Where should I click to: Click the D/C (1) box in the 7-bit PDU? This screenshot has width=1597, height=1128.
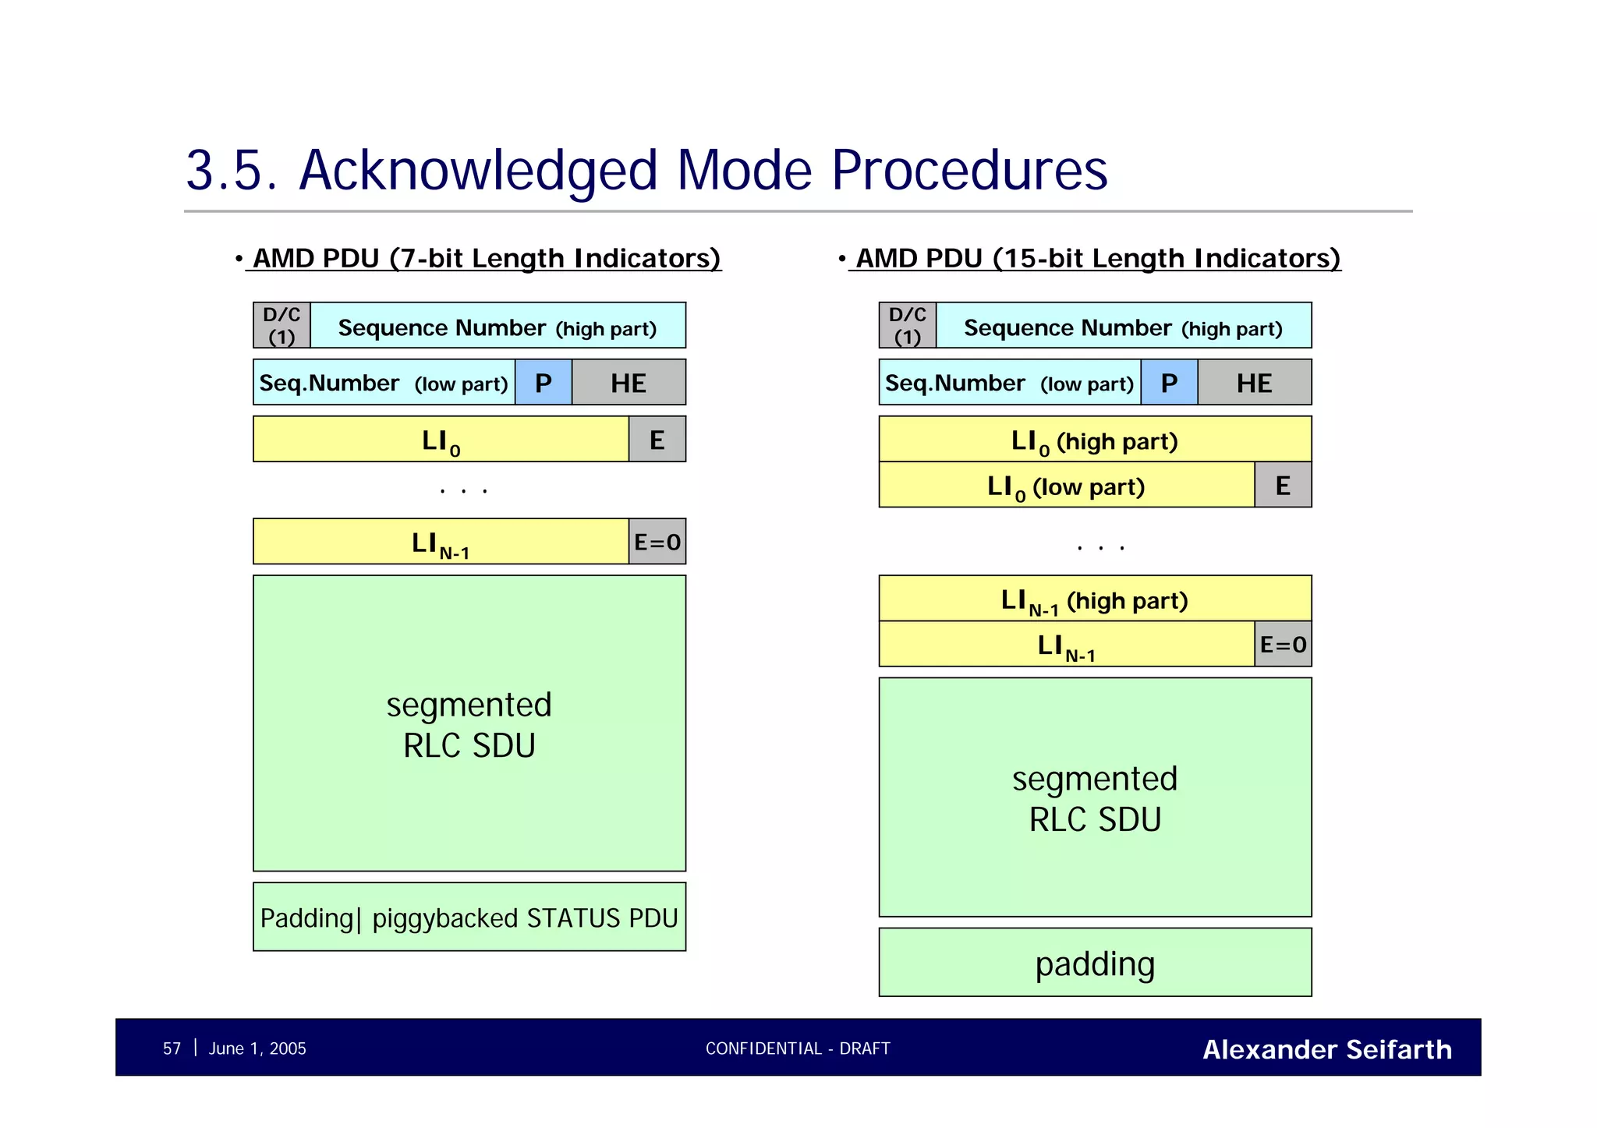[282, 325]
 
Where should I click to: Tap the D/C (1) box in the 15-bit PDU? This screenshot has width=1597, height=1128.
[907, 325]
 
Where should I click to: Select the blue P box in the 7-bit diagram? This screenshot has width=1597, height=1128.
[543, 382]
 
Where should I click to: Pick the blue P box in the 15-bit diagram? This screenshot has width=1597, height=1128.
[1169, 382]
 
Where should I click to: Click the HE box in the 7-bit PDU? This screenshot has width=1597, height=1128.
[629, 382]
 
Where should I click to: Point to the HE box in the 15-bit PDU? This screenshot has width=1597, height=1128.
[1254, 382]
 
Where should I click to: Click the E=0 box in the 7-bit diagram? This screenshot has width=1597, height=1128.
[657, 542]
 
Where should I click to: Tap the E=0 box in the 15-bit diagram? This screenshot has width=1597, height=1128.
[1283, 644]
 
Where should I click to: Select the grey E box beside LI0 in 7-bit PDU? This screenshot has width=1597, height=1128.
[657, 440]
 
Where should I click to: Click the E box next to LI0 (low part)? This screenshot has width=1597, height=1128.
[1283, 485]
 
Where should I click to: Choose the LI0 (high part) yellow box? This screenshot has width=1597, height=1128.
[1094, 440]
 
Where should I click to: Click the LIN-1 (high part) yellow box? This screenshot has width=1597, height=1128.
[1094, 599]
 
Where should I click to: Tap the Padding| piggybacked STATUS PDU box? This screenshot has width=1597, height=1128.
[469, 917]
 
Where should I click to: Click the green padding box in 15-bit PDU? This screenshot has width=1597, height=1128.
[1094, 963]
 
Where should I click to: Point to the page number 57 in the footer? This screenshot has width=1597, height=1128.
[172, 1048]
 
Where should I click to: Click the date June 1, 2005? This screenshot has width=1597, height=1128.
[257, 1048]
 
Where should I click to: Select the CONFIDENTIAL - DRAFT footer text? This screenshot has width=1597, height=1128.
[797, 1048]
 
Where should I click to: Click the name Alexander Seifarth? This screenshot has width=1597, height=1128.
[1326, 1049]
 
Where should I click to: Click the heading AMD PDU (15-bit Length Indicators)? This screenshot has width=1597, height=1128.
[1097, 258]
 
